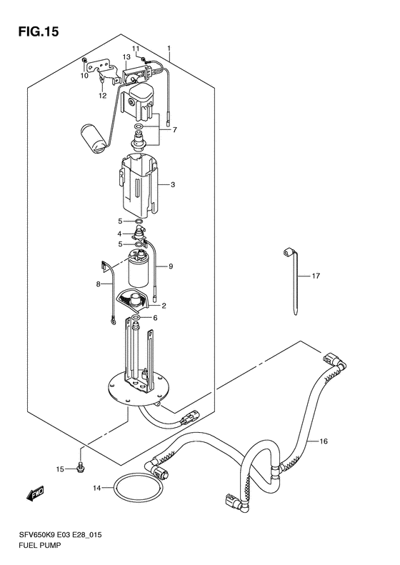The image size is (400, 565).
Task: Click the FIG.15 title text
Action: [x=38, y=31]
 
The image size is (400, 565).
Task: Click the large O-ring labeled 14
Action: [x=139, y=489]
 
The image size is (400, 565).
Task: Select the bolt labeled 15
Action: [x=80, y=469]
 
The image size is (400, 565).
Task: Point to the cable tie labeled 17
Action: [x=296, y=281]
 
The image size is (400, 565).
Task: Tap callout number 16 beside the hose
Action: [x=324, y=441]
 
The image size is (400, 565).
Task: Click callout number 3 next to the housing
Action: [x=173, y=185]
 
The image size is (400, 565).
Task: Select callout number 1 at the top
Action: [x=169, y=49]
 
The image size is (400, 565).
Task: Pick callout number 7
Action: [x=175, y=130]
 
